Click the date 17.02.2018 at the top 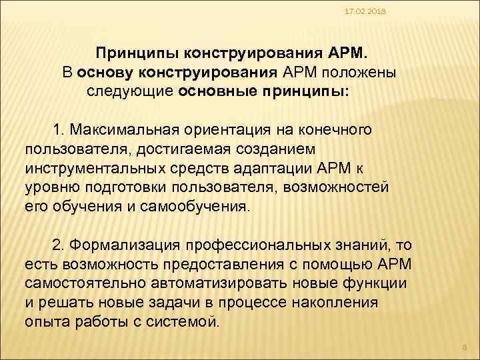click(x=358, y=11)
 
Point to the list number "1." click(x=59, y=127)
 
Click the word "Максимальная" click(x=125, y=127)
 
